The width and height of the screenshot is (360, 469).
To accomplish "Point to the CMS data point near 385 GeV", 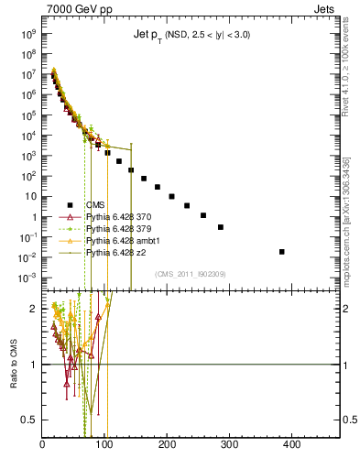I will (x=281, y=251).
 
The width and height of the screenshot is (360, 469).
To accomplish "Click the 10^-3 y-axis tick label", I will (x=27, y=278).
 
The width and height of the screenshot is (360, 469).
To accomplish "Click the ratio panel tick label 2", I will (x=33, y=309).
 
